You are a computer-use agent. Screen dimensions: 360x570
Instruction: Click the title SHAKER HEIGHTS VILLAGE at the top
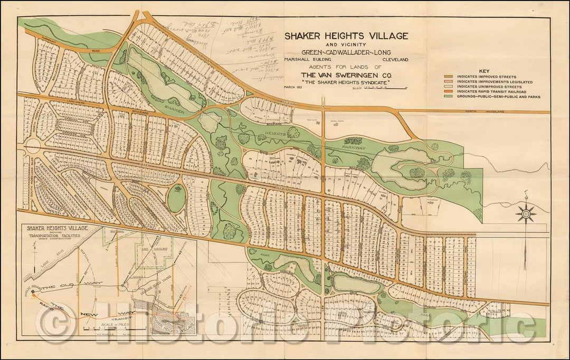coord(346,36)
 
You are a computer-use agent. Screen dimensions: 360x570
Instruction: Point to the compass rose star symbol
coord(526,213)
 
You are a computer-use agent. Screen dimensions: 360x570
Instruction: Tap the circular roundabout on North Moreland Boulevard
coord(33,147)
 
